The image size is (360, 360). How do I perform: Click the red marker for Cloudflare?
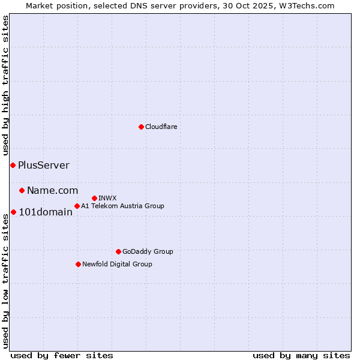(x=141, y=127)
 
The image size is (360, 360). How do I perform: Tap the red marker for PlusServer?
(x=13, y=165)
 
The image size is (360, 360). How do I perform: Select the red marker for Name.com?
(x=22, y=190)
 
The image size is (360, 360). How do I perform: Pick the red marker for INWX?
(x=94, y=198)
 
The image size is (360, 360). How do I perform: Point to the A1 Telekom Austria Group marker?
(x=77, y=206)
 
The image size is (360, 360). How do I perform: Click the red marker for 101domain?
(x=13, y=212)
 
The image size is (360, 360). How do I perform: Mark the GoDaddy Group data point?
(x=118, y=251)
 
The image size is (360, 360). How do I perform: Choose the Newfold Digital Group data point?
(x=78, y=264)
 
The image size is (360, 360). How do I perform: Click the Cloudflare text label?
(x=161, y=127)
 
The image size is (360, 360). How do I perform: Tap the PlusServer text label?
(x=44, y=165)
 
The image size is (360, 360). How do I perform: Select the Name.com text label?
(x=52, y=190)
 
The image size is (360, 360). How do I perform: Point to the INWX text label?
(x=107, y=198)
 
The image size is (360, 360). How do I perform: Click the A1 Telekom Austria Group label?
(x=122, y=206)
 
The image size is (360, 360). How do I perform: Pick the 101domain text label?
(x=46, y=212)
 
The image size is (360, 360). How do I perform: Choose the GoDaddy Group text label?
(x=148, y=251)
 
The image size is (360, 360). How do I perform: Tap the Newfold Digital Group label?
(x=117, y=264)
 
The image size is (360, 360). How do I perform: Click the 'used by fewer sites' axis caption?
(x=62, y=355)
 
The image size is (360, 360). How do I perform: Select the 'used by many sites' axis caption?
(x=301, y=355)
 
